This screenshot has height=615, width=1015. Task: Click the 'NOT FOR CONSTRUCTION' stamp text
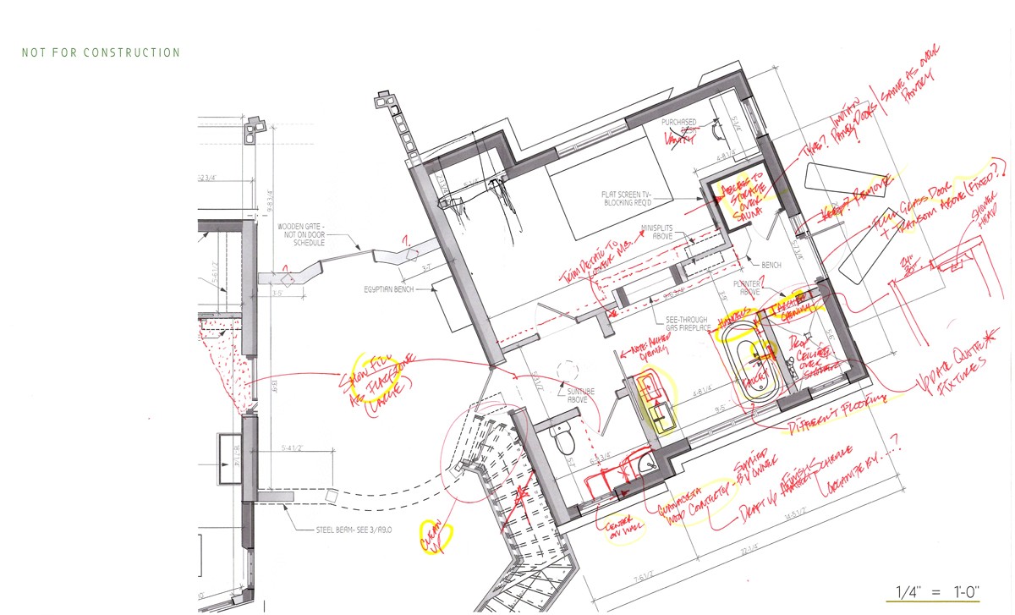click(x=101, y=52)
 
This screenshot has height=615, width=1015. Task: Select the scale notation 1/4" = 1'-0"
click(x=932, y=591)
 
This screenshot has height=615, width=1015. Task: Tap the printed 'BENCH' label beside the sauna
click(x=771, y=265)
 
